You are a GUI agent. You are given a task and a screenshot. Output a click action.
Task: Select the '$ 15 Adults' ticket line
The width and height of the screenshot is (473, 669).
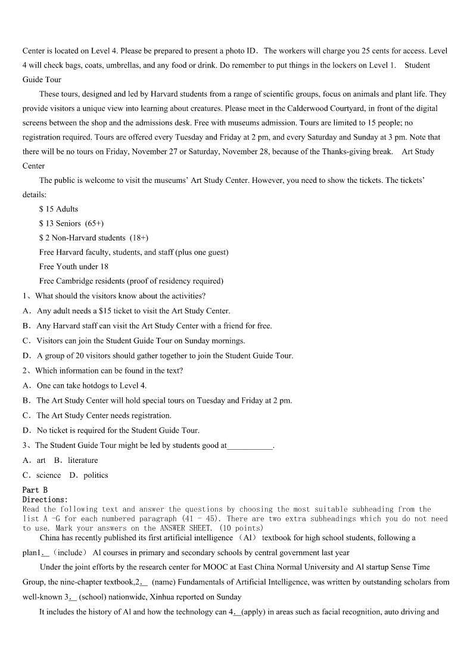tap(58, 209)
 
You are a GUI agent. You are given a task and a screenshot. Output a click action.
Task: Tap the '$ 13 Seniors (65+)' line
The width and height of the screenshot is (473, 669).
tap(71, 223)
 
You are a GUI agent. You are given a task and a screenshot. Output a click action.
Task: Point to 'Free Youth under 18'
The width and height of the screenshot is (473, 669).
tap(74, 266)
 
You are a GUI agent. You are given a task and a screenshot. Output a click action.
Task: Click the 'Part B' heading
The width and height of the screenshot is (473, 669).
tap(35, 490)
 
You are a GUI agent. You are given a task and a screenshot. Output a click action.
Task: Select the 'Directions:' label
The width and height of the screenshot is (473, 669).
tap(45, 500)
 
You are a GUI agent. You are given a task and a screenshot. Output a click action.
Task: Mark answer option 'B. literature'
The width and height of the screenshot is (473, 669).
tap(76, 460)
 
